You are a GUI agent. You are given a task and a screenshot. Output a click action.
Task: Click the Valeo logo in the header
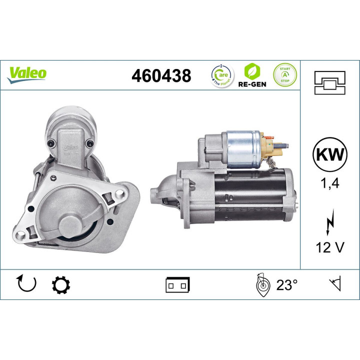click(x=27, y=73)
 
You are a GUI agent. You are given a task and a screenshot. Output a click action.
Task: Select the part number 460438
click(x=161, y=76)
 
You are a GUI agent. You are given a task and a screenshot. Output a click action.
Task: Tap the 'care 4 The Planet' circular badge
click(x=220, y=75)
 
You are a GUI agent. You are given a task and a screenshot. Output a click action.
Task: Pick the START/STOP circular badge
click(x=283, y=75)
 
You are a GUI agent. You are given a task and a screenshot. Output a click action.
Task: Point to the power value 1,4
click(x=329, y=183)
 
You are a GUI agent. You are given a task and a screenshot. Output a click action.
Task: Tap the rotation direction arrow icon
click(x=27, y=284)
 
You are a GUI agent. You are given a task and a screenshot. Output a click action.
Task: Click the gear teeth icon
click(x=61, y=284)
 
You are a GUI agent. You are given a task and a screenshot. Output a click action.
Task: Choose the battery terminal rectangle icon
click(x=177, y=285)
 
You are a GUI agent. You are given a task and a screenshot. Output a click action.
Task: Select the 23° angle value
click(x=286, y=285)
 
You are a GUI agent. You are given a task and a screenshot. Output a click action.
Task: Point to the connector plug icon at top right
click(x=329, y=82)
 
